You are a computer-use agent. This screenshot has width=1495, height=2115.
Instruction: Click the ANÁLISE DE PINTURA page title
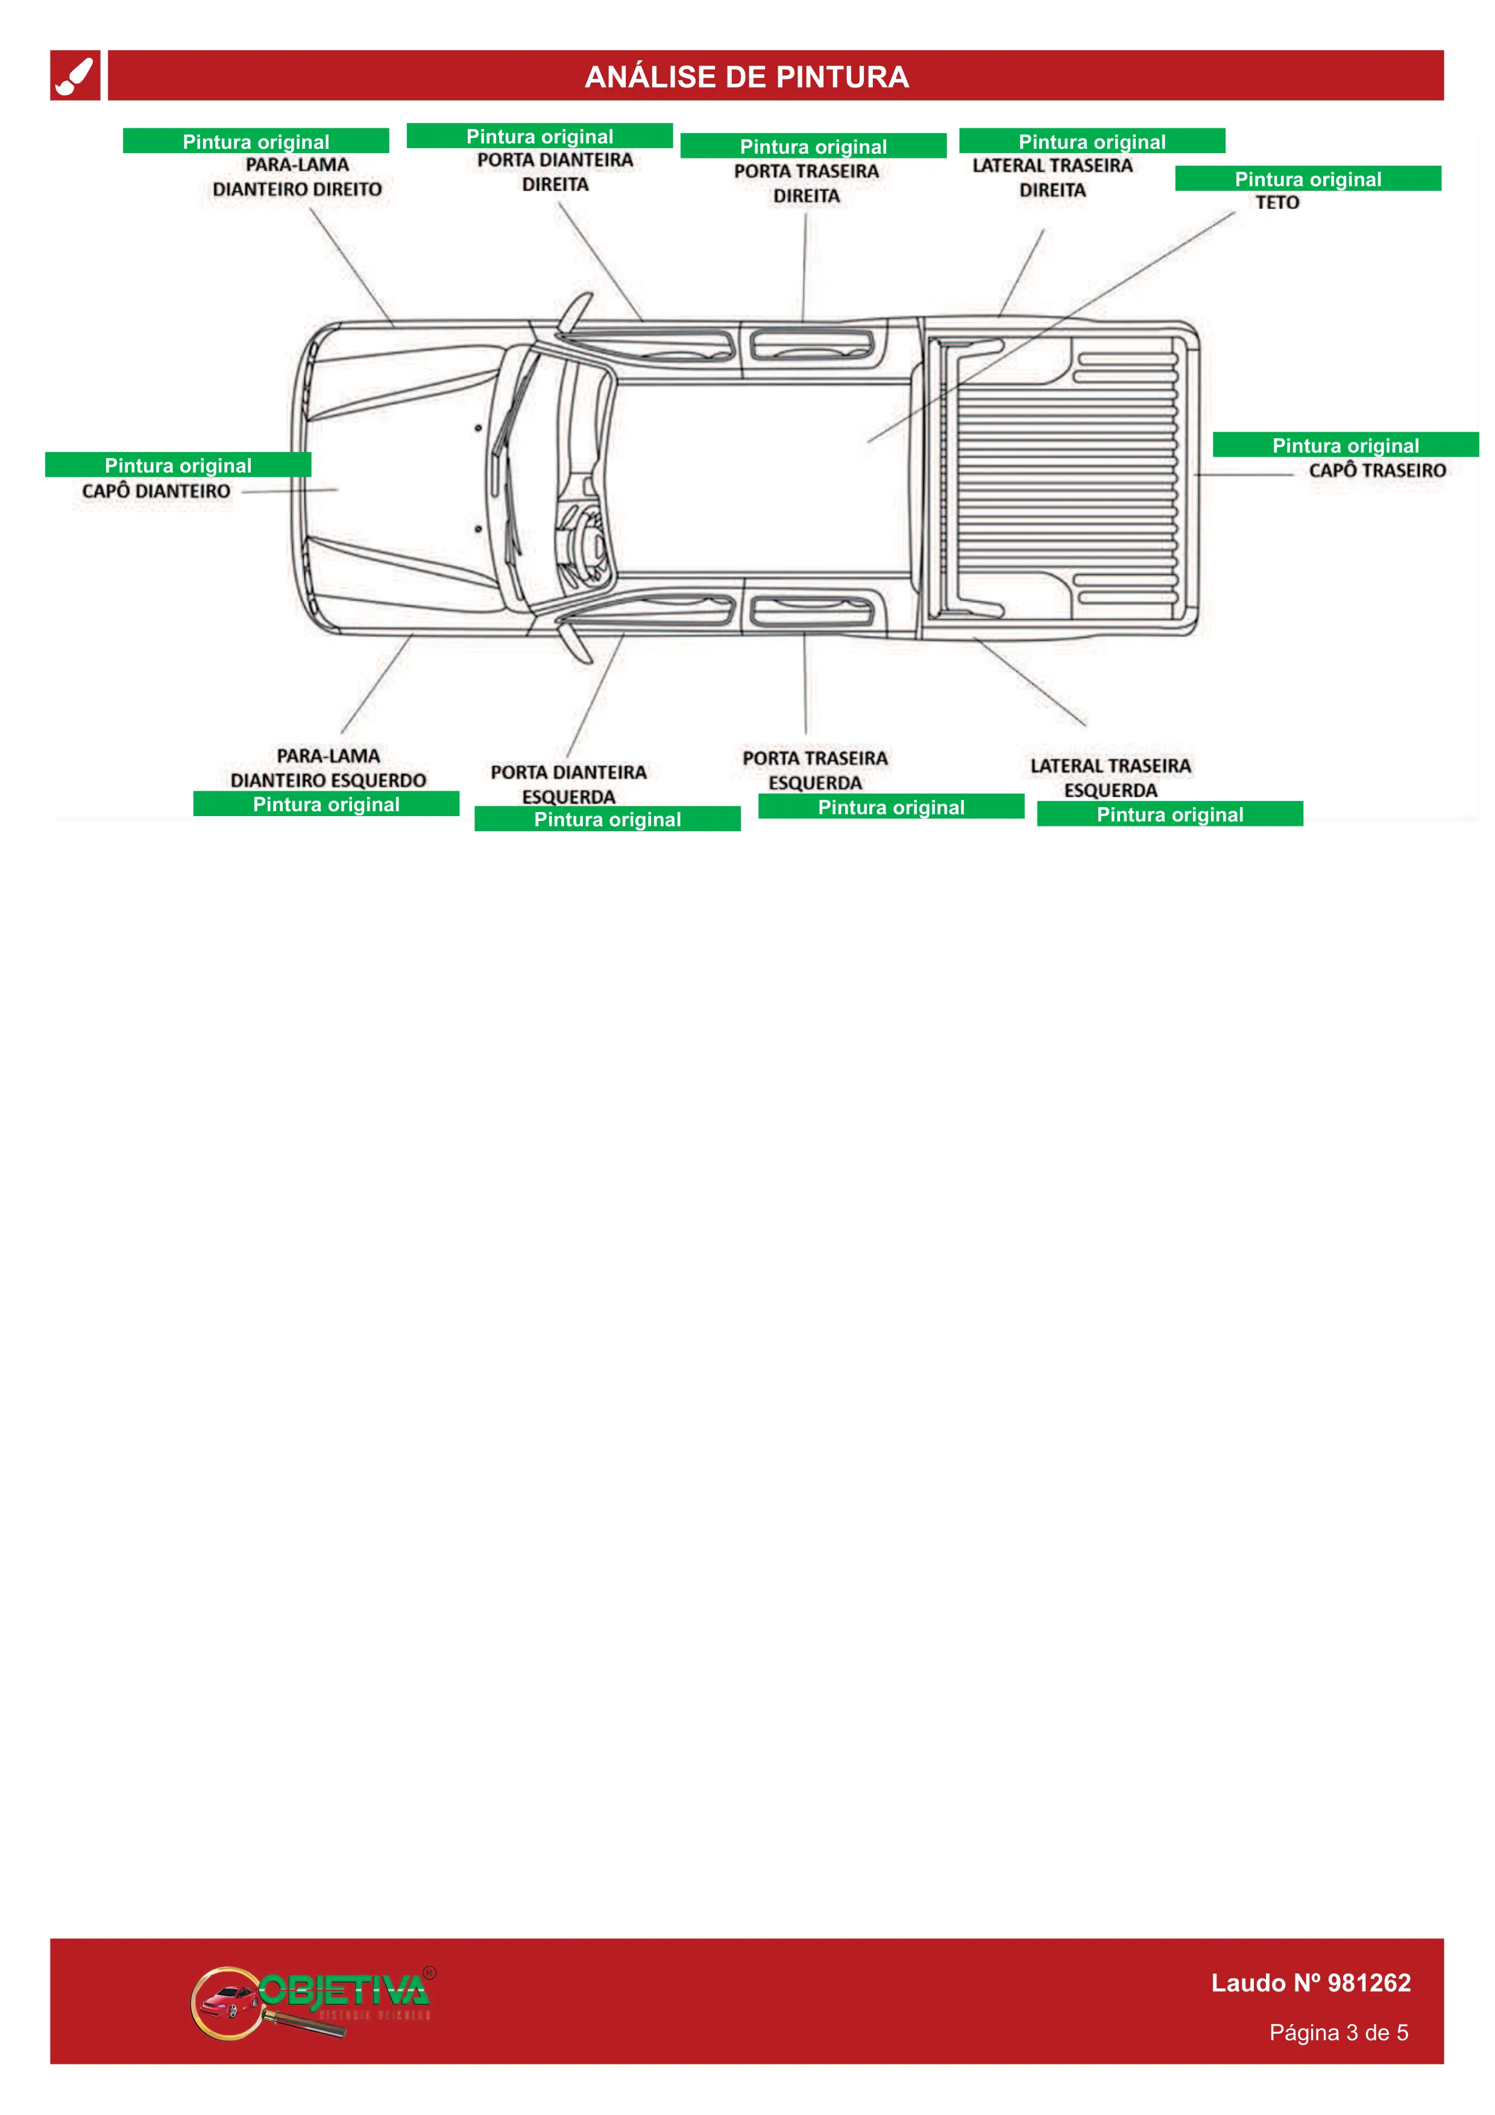pyautogui.click(x=746, y=77)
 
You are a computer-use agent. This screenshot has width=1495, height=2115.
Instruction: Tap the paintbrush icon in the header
pyautogui.click(x=75, y=75)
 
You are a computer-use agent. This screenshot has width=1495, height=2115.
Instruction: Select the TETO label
pyautogui.click(x=1277, y=203)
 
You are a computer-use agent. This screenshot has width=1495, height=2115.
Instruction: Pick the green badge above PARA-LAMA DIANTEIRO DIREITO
pyautogui.click(x=256, y=141)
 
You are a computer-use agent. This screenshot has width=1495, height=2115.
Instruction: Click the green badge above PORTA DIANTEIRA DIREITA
pyautogui.click(x=540, y=136)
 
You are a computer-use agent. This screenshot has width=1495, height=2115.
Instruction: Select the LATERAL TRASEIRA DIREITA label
pyautogui.click(x=1053, y=178)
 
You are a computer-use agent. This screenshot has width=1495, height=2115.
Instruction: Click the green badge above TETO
pyautogui.click(x=1308, y=178)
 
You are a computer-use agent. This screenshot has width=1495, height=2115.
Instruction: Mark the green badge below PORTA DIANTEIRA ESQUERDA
pyautogui.click(x=608, y=819)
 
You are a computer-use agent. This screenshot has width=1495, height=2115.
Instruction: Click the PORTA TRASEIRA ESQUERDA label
pyautogui.click(x=815, y=770)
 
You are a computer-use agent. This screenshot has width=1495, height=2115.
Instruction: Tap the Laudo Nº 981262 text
pyautogui.click(x=1311, y=1983)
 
